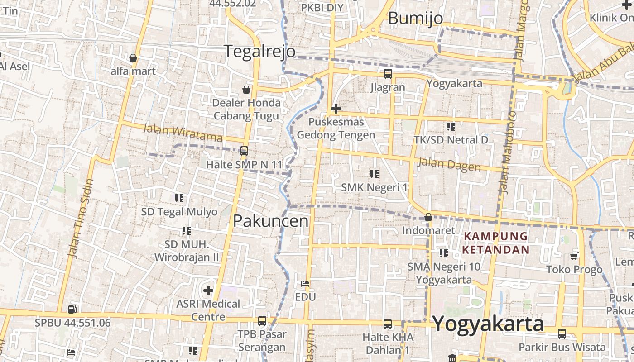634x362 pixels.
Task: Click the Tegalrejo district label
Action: click(260, 51)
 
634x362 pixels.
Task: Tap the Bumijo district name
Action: click(415, 18)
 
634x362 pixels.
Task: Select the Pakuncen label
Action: click(271, 221)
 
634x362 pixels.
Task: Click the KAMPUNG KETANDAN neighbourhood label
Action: click(496, 243)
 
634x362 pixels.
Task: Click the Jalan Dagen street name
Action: click(449, 164)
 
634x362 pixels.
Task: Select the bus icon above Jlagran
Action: click(388, 74)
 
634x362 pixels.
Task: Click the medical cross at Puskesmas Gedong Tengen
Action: click(336, 109)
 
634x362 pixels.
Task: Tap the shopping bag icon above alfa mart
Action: click(133, 58)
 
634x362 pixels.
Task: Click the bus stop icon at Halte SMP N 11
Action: click(244, 151)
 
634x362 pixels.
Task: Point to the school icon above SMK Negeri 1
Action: click(374, 174)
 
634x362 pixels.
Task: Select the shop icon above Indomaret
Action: click(428, 218)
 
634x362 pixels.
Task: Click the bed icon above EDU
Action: click(305, 284)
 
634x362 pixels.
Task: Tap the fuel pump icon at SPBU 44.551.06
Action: click(72, 310)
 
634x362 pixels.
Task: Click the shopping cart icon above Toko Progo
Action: click(574, 257)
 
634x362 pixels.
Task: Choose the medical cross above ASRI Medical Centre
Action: click(208, 290)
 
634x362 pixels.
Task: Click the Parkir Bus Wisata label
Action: click(562, 347)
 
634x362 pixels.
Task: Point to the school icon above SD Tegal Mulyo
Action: click(179, 198)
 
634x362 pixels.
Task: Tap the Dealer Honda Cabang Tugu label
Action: click(246, 109)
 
